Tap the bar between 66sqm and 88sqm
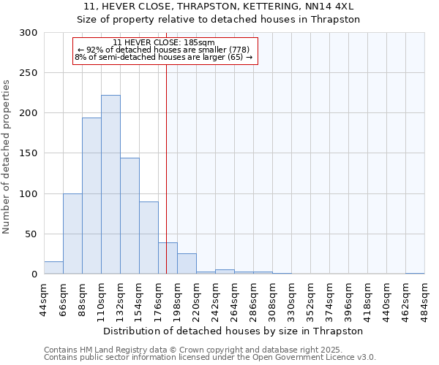point(72,234)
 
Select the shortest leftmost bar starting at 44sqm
point(53,268)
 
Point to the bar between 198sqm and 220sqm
point(187,264)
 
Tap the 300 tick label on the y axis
point(29,33)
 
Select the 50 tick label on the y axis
point(31,234)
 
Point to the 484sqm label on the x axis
point(424,299)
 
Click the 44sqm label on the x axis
point(44,299)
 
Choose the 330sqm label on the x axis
point(291,299)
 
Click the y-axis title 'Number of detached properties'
point(7,157)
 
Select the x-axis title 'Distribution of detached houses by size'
point(233,331)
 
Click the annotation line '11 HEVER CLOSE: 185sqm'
point(164,43)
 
